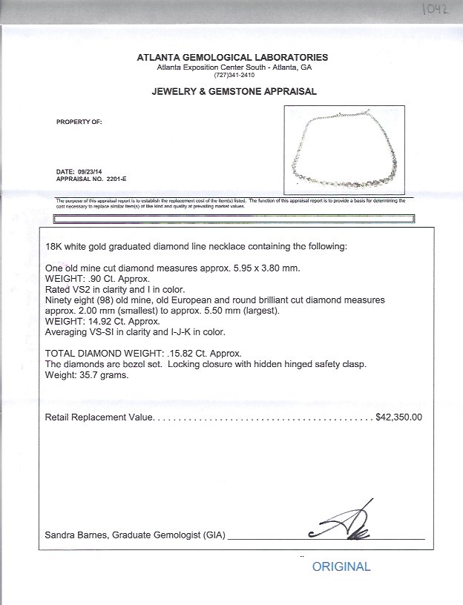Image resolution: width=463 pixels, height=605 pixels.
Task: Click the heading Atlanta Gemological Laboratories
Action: click(232, 57)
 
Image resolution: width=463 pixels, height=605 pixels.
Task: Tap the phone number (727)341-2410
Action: click(232, 75)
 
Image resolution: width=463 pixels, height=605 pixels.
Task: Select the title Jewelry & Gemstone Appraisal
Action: click(234, 92)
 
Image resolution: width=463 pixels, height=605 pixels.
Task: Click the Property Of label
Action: click(79, 122)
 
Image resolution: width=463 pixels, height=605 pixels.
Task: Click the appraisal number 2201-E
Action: click(117, 179)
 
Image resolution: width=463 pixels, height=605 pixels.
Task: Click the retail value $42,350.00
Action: click(399, 417)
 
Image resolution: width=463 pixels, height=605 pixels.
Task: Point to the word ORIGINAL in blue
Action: click(341, 566)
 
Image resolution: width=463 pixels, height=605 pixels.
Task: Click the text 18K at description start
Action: click(53, 246)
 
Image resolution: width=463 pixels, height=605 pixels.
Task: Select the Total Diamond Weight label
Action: click(101, 354)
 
